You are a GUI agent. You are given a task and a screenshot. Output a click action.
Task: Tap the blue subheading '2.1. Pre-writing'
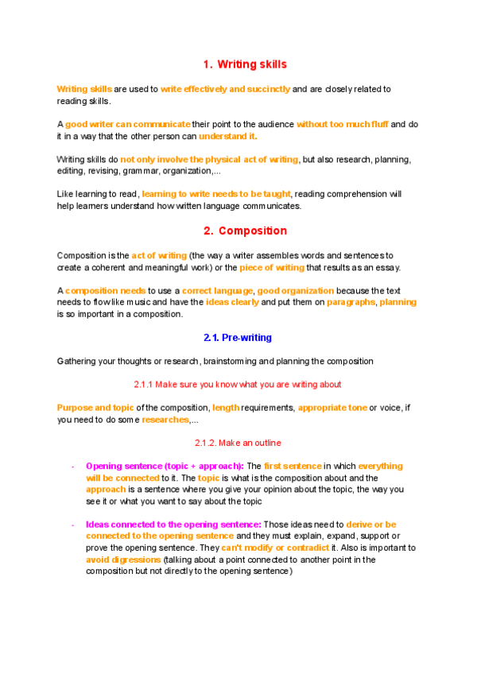tap(238, 338)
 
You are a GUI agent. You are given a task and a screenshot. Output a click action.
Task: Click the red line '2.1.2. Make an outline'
tap(238, 443)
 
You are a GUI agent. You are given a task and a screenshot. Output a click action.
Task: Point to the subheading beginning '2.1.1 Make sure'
tap(238, 385)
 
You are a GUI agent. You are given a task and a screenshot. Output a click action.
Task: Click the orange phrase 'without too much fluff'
tap(343, 124)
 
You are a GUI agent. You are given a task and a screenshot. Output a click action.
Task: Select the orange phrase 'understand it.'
tap(228, 136)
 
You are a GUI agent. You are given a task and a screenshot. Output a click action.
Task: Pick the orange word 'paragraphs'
tap(347, 303)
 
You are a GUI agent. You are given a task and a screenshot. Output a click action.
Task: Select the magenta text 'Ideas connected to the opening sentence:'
tap(173, 525)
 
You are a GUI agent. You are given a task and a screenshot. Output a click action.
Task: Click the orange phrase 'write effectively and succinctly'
tap(225, 89)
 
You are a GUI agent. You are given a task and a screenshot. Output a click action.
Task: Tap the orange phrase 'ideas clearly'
tap(234, 303)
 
